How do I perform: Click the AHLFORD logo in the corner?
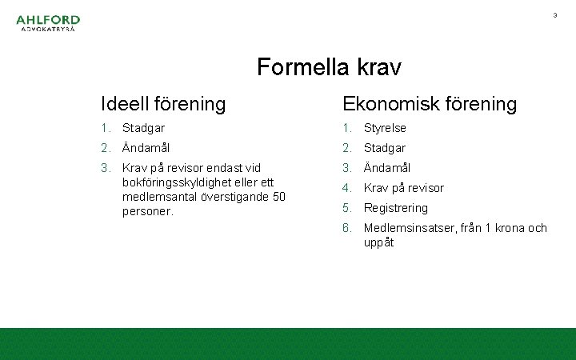pyautogui.click(x=48, y=24)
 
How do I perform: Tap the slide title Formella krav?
pyautogui.click(x=329, y=67)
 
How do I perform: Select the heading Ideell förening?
pyautogui.click(x=163, y=104)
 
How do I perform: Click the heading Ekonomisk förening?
pyautogui.click(x=430, y=104)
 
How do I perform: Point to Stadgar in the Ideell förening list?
pyautogui.click(x=143, y=128)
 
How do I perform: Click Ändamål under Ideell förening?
pyautogui.click(x=146, y=148)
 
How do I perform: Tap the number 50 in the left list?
pyautogui.click(x=278, y=197)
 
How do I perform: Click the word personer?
pyautogui.click(x=148, y=211)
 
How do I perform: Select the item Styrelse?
pyautogui.click(x=385, y=128)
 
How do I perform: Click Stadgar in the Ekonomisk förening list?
pyautogui.click(x=385, y=148)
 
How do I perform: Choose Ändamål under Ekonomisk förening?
pyautogui.click(x=387, y=168)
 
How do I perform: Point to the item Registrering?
pyautogui.click(x=396, y=208)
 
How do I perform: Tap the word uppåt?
pyautogui.click(x=379, y=242)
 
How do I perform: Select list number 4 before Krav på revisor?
pyautogui.click(x=347, y=188)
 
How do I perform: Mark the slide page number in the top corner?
pyautogui.click(x=554, y=15)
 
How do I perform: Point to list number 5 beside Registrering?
pyautogui.click(x=347, y=208)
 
